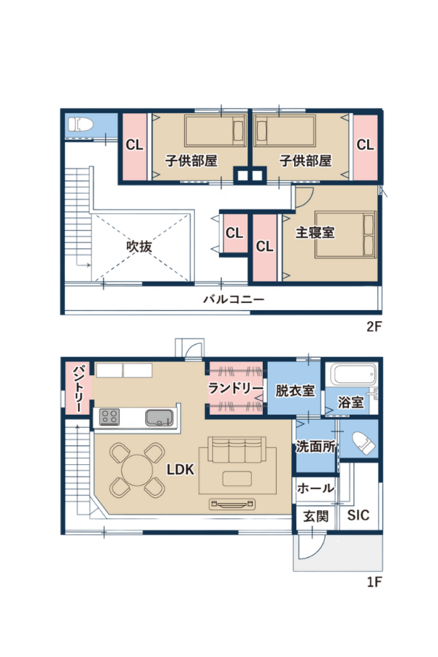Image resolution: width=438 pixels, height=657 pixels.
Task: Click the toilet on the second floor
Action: [x=80, y=124]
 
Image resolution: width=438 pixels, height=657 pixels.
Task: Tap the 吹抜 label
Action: [x=139, y=246]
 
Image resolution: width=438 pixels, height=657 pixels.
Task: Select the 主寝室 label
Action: [x=315, y=232]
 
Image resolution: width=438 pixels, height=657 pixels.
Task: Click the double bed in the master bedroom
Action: [x=345, y=234]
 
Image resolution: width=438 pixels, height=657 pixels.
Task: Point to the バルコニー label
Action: [x=234, y=299]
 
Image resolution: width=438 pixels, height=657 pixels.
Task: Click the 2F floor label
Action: [x=374, y=326]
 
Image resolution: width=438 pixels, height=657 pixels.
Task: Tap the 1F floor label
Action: [x=374, y=582]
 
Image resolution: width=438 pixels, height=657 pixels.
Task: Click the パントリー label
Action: [x=78, y=388]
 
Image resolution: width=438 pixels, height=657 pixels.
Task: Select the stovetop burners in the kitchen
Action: [x=109, y=418]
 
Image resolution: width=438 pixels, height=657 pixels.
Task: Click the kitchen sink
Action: [x=160, y=418]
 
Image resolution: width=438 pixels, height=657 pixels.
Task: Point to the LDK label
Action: [x=180, y=469]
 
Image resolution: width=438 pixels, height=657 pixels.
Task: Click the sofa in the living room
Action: [x=237, y=449]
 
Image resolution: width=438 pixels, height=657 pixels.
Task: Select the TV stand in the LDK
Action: [x=232, y=504]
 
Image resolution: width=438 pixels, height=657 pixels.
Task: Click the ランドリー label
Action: [x=236, y=388]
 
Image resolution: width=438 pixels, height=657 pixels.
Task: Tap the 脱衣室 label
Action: [x=295, y=391]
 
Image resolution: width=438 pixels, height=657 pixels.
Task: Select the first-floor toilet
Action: [x=364, y=443]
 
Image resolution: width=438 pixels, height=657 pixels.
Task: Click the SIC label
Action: [x=358, y=515]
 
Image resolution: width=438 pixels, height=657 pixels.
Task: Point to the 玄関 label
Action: [x=315, y=516]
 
